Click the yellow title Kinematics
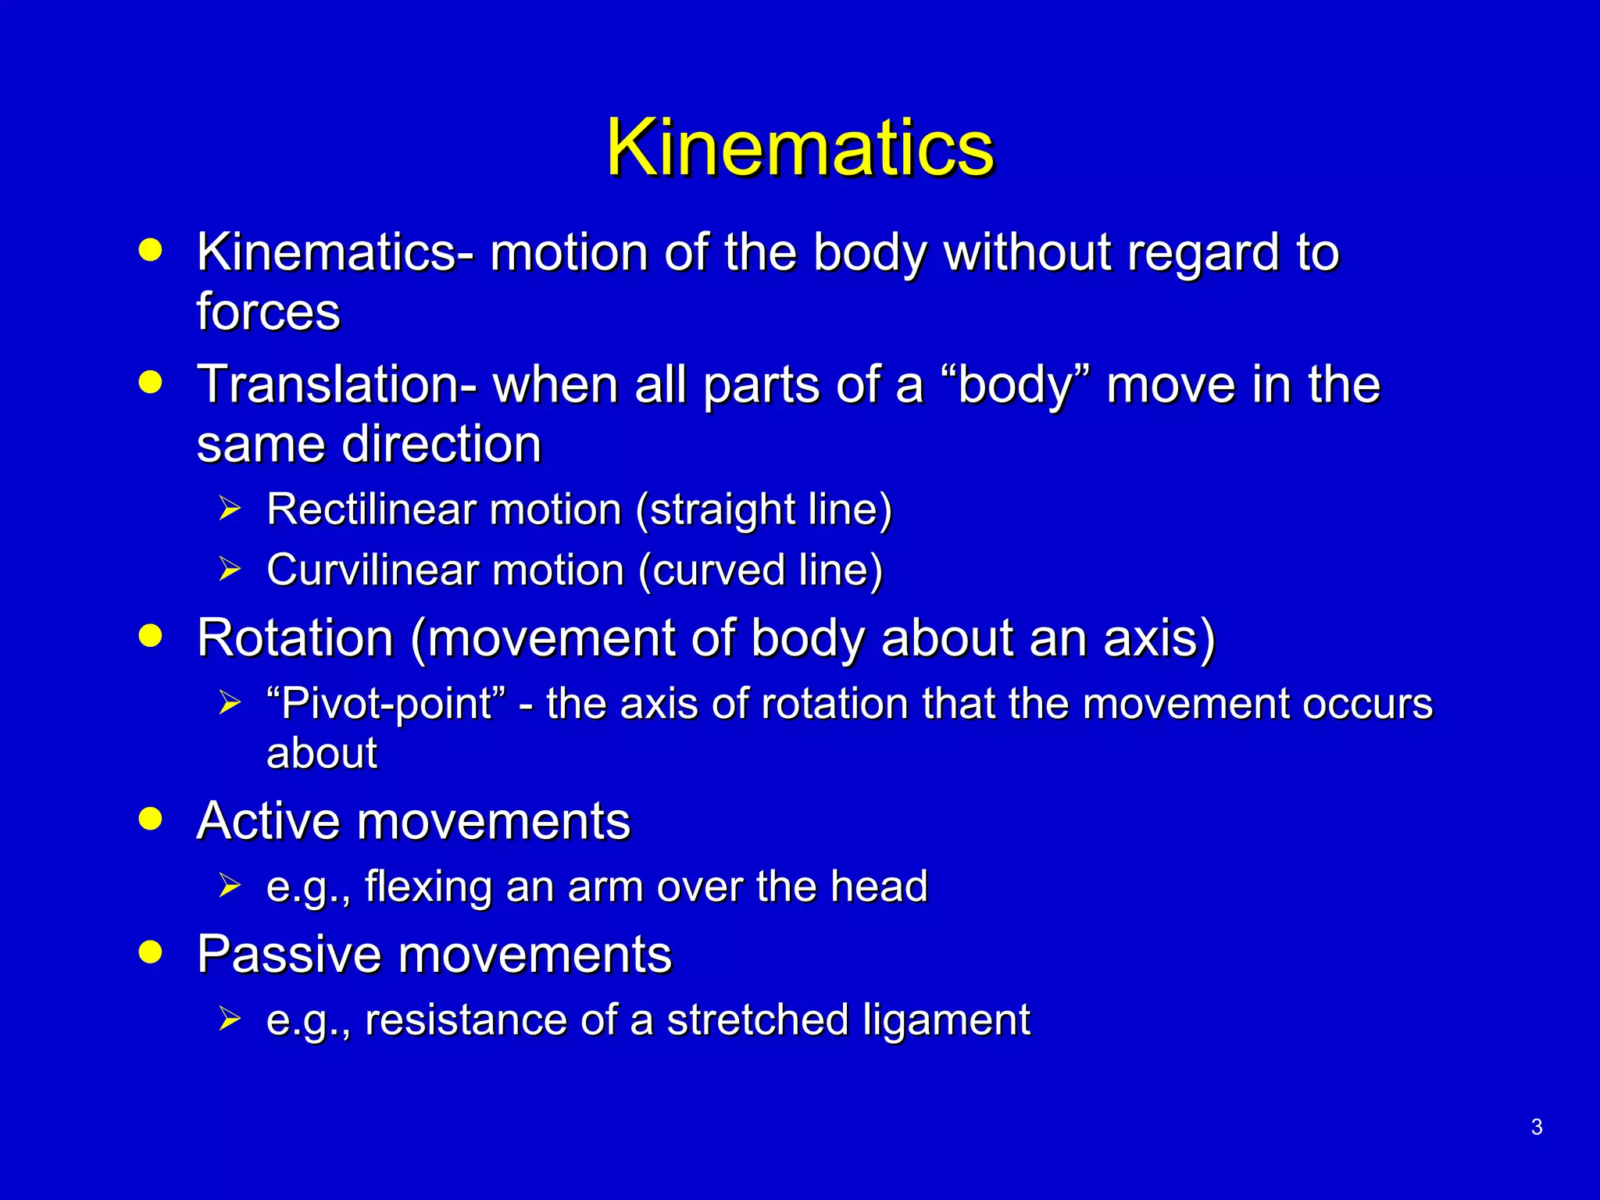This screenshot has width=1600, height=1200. tap(799, 148)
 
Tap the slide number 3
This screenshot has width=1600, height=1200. tap(1536, 1127)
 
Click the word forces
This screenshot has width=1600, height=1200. tap(268, 311)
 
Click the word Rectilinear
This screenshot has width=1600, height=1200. tap(370, 509)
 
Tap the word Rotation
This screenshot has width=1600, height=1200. tap(295, 637)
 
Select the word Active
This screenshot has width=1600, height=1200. tap(270, 821)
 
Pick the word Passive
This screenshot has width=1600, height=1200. tap(283, 954)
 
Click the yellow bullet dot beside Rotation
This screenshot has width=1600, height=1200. tap(150, 635)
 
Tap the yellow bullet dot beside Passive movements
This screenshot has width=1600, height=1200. tap(150, 952)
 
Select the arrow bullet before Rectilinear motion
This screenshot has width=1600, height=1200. tap(230, 509)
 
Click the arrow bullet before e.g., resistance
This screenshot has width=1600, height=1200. tap(230, 1019)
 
